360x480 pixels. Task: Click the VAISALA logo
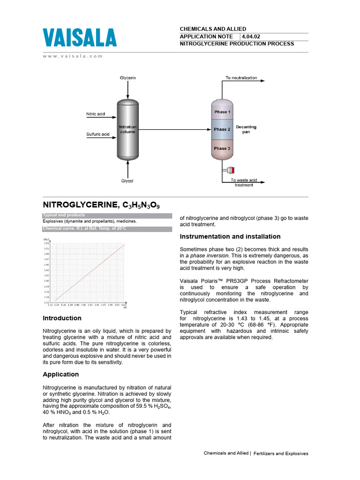point(80,37)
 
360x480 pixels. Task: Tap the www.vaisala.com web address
point(73,56)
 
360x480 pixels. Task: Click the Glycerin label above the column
point(127,77)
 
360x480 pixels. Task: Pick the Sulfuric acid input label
point(98,134)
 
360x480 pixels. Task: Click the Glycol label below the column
point(127,180)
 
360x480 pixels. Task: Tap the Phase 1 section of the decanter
point(222,112)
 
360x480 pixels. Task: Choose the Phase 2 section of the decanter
point(222,129)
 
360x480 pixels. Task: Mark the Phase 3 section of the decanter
point(222,148)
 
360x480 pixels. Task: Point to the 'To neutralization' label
point(241,78)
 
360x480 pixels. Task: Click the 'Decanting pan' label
point(246,129)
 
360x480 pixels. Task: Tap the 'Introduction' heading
point(62,318)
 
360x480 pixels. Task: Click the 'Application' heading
point(60,374)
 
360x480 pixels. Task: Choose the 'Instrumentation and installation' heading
point(230,236)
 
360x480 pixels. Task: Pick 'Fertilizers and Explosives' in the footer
point(281,453)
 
